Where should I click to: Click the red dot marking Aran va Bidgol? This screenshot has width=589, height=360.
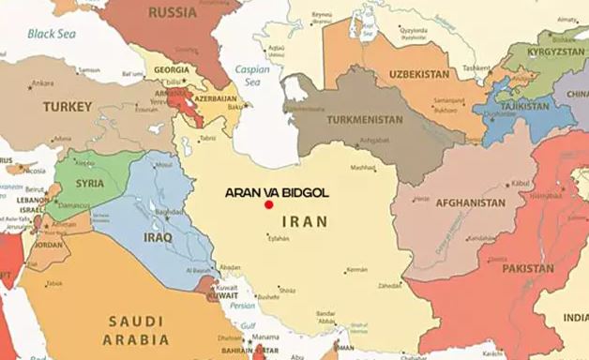coord(268,203)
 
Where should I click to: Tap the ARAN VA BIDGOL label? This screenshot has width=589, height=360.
coord(277,191)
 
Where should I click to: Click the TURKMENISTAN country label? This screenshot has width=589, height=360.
coord(365,120)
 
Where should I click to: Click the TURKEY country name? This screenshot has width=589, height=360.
coord(58,106)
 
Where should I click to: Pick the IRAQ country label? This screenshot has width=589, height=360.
coord(157,237)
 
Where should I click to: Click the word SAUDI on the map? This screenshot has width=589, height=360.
coord(136,320)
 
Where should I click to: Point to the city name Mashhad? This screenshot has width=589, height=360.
coord(362,169)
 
